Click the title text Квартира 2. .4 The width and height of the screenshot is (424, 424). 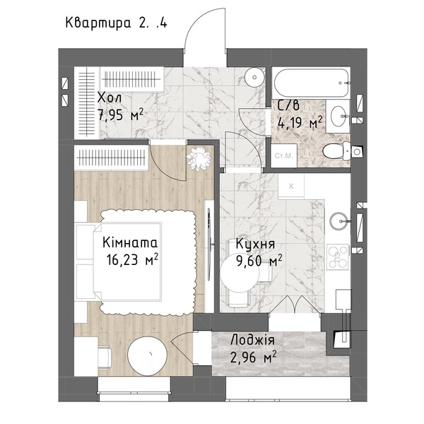pos(117,23)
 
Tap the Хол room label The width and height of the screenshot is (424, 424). pos(110,98)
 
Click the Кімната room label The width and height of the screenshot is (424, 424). pos(130,242)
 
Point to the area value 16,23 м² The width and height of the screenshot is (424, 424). pos(132,259)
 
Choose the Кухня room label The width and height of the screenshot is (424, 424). pos(255,244)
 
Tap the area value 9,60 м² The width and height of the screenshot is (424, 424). pos(259,260)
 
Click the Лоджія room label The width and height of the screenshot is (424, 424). pos(252,340)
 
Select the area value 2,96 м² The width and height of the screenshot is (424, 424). pos(254,357)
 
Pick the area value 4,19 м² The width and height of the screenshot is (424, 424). pos(300,122)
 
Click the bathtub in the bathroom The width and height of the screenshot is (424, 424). pos(311,83)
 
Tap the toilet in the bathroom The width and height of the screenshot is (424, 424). pos(336,151)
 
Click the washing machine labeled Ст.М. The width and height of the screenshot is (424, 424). pos(283,155)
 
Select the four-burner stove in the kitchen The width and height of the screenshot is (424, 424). pos(338,257)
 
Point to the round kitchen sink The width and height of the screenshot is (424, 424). pos(338,220)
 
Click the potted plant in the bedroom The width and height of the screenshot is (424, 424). pos(199,158)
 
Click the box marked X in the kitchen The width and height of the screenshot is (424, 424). pos(291,186)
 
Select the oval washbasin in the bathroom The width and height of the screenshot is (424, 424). pos(338,117)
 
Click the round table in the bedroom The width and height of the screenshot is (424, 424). pos(148,355)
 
